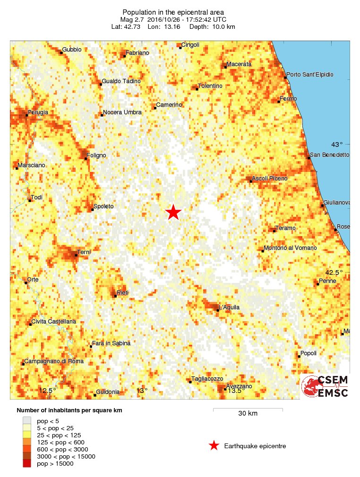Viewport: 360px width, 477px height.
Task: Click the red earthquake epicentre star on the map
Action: click(x=173, y=213)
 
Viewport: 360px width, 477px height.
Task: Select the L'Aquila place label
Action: click(x=229, y=307)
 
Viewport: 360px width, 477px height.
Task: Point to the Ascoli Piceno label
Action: click(x=270, y=179)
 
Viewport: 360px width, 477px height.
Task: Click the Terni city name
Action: click(x=84, y=252)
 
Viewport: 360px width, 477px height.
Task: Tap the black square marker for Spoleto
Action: click(x=92, y=209)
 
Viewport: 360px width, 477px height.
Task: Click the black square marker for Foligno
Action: click(x=86, y=158)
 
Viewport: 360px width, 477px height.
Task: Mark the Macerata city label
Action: click(x=239, y=64)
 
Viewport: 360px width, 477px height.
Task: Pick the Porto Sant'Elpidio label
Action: click(x=310, y=75)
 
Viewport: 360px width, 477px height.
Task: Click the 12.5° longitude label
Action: click(x=47, y=391)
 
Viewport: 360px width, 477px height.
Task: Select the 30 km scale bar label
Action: click(x=248, y=414)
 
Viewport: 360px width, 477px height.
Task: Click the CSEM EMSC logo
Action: click(x=325, y=386)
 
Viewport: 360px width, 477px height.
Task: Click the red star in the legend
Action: click(x=214, y=445)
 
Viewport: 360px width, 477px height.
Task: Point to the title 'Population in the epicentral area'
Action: click(x=173, y=12)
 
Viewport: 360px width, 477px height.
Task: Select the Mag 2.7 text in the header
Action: click(x=132, y=19)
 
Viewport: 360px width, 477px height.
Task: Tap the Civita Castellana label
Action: click(x=53, y=322)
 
